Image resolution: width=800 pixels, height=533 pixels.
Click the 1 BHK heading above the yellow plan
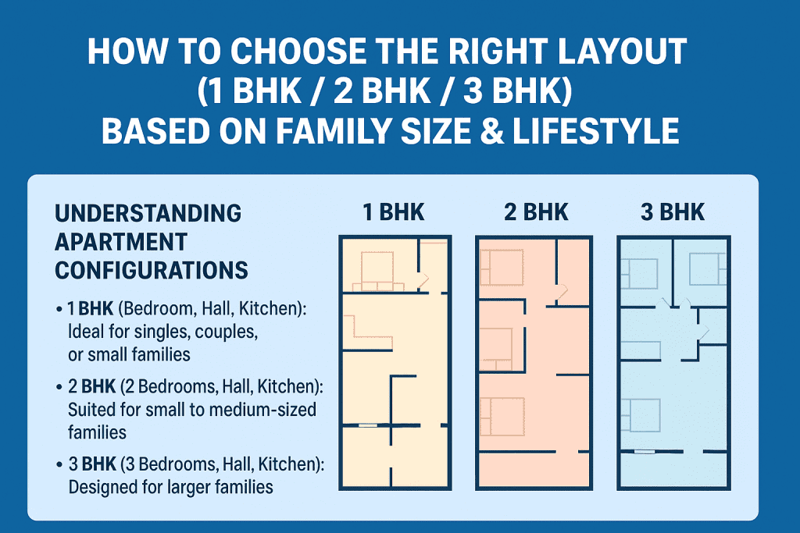pyautogui.click(x=394, y=211)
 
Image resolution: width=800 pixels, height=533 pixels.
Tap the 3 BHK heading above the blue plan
pyautogui.click(x=672, y=211)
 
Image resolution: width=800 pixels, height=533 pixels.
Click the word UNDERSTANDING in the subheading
pyautogui.click(x=148, y=213)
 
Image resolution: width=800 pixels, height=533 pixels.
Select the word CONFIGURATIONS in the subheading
pyautogui.click(x=152, y=270)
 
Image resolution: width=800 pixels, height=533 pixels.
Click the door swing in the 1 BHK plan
pyautogui.click(x=422, y=279)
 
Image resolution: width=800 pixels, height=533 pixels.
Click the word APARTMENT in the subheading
pyautogui.click(x=121, y=241)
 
